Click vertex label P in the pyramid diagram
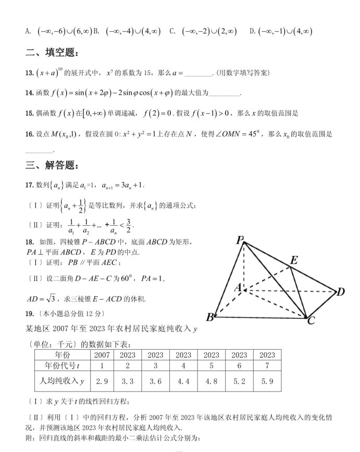[240, 240]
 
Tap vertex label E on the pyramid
[294, 261]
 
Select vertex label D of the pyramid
[341, 291]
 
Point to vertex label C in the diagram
[311, 320]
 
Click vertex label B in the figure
[210, 317]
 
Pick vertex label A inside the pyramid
[238, 287]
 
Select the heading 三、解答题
[53, 166]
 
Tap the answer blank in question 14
[225, 94]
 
